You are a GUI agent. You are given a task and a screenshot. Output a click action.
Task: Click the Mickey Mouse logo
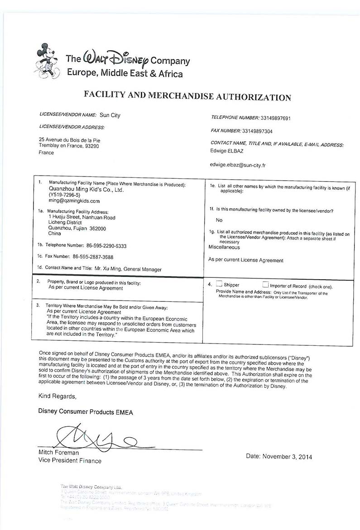point(47,61)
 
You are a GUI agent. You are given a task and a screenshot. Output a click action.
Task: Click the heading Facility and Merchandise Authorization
point(187,97)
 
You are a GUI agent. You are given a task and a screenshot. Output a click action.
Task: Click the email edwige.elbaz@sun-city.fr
point(238,165)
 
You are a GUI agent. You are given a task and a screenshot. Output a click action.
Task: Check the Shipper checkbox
point(219,284)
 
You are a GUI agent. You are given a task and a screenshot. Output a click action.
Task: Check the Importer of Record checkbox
point(265,284)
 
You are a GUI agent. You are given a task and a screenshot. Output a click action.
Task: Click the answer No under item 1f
point(219,220)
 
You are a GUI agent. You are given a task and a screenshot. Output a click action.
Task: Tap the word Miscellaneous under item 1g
point(224,247)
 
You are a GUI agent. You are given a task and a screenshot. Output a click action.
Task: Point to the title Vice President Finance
point(70,461)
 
